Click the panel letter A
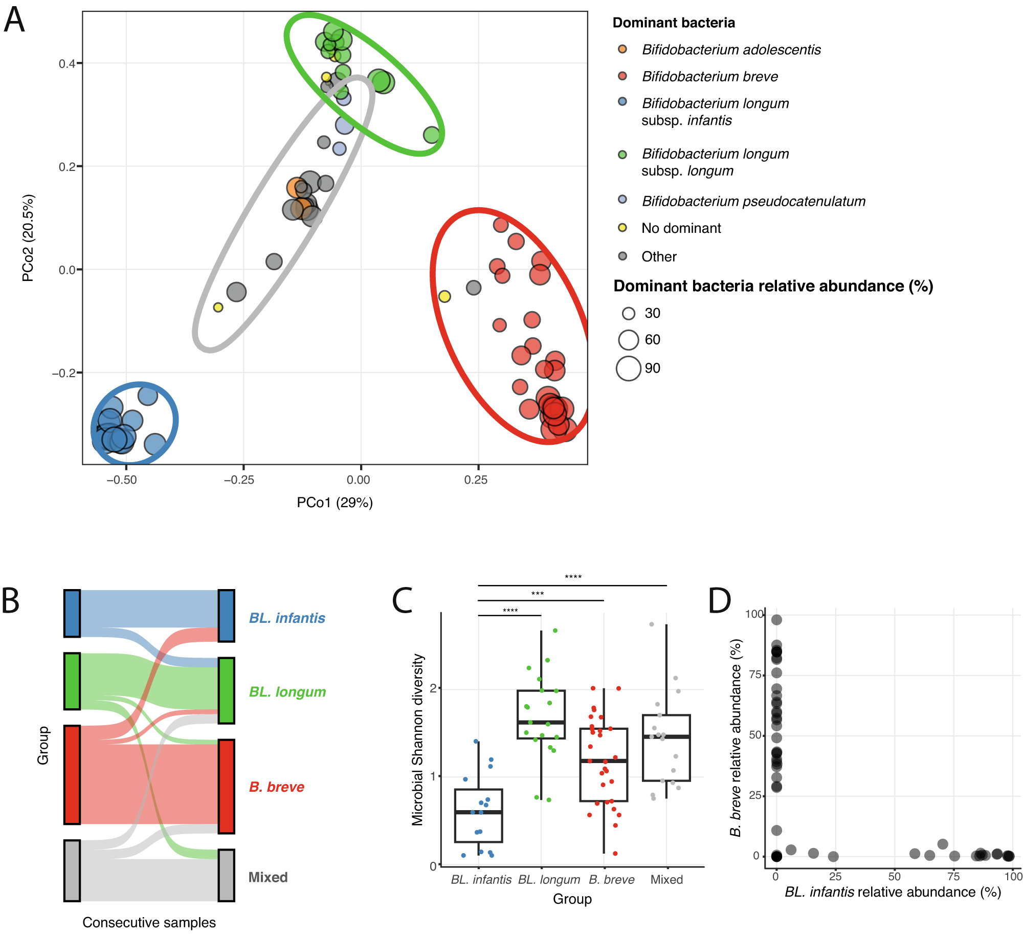[x=14, y=20]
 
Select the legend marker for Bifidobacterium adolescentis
[x=622, y=49]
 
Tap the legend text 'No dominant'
[x=681, y=228]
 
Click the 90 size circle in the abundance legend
[x=628, y=368]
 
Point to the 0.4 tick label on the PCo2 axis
[x=66, y=63]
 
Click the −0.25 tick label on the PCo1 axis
[x=239, y=480]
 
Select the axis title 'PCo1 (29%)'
[x=335, y=503]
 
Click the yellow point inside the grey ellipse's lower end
[x=218, y=307]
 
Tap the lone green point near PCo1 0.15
[x=432, y=135]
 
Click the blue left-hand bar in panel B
[x=72, y=613]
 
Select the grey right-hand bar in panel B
[x=226, y=875]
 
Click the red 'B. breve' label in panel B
[x=276, y=787]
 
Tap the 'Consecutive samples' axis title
[x=149, y=922]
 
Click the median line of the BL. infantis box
[x=478, y=812]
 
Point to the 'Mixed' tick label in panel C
[x=666, y=879]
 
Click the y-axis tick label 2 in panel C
[x=433, y=688]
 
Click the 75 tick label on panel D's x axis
[x=953, y=876]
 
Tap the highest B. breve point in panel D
[x=776, y=620]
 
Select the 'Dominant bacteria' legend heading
[x=674, y=23]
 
